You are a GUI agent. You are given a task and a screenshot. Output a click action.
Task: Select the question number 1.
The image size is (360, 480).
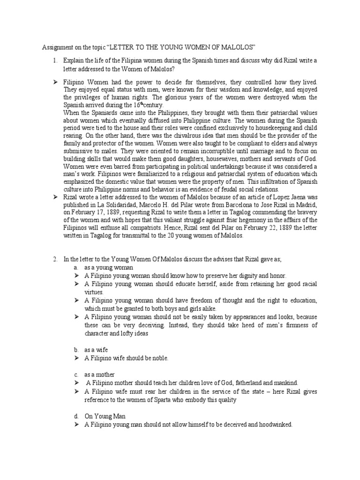[55, 61]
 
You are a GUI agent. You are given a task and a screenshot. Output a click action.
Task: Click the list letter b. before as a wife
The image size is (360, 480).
[76, 349]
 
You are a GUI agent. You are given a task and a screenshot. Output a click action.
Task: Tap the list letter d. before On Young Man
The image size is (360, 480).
[76, 416]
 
